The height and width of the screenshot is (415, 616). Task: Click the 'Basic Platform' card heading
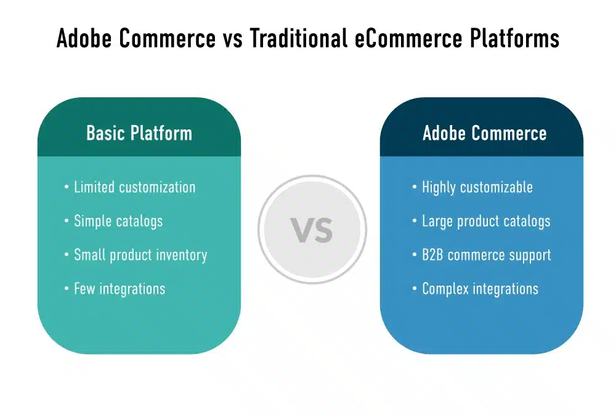pyautogui.click(x=139, y=133)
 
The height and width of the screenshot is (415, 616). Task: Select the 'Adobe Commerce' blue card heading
pyautogui.click(x=484, y=133)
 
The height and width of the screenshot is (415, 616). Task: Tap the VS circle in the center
pyautogui.click(x=312, y=230)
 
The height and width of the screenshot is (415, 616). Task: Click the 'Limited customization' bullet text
pyautogui.click(x=134, y=187)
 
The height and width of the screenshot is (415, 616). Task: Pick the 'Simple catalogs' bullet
pyautogui.click(x=118, y=221)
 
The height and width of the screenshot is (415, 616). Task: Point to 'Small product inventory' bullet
pyautogui.click(x=140, y=255)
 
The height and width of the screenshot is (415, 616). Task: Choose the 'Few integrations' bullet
pyautogui.click(x=120, y=288)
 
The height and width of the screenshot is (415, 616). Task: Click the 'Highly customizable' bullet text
pyautogui.click(x=477, y=187)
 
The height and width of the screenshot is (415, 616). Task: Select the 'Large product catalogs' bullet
pyautogui.click(x=485, y=221)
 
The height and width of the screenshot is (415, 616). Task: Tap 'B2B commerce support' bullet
pyautogui.click(x=486, y=255)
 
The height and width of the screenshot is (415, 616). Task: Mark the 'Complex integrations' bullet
pyautogui.click(x=480, y=288)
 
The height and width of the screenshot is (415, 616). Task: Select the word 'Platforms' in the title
pyautogui.click(x=513, y=38)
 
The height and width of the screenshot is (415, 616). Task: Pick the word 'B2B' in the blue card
pyautogui.click(x=433, y=255)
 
